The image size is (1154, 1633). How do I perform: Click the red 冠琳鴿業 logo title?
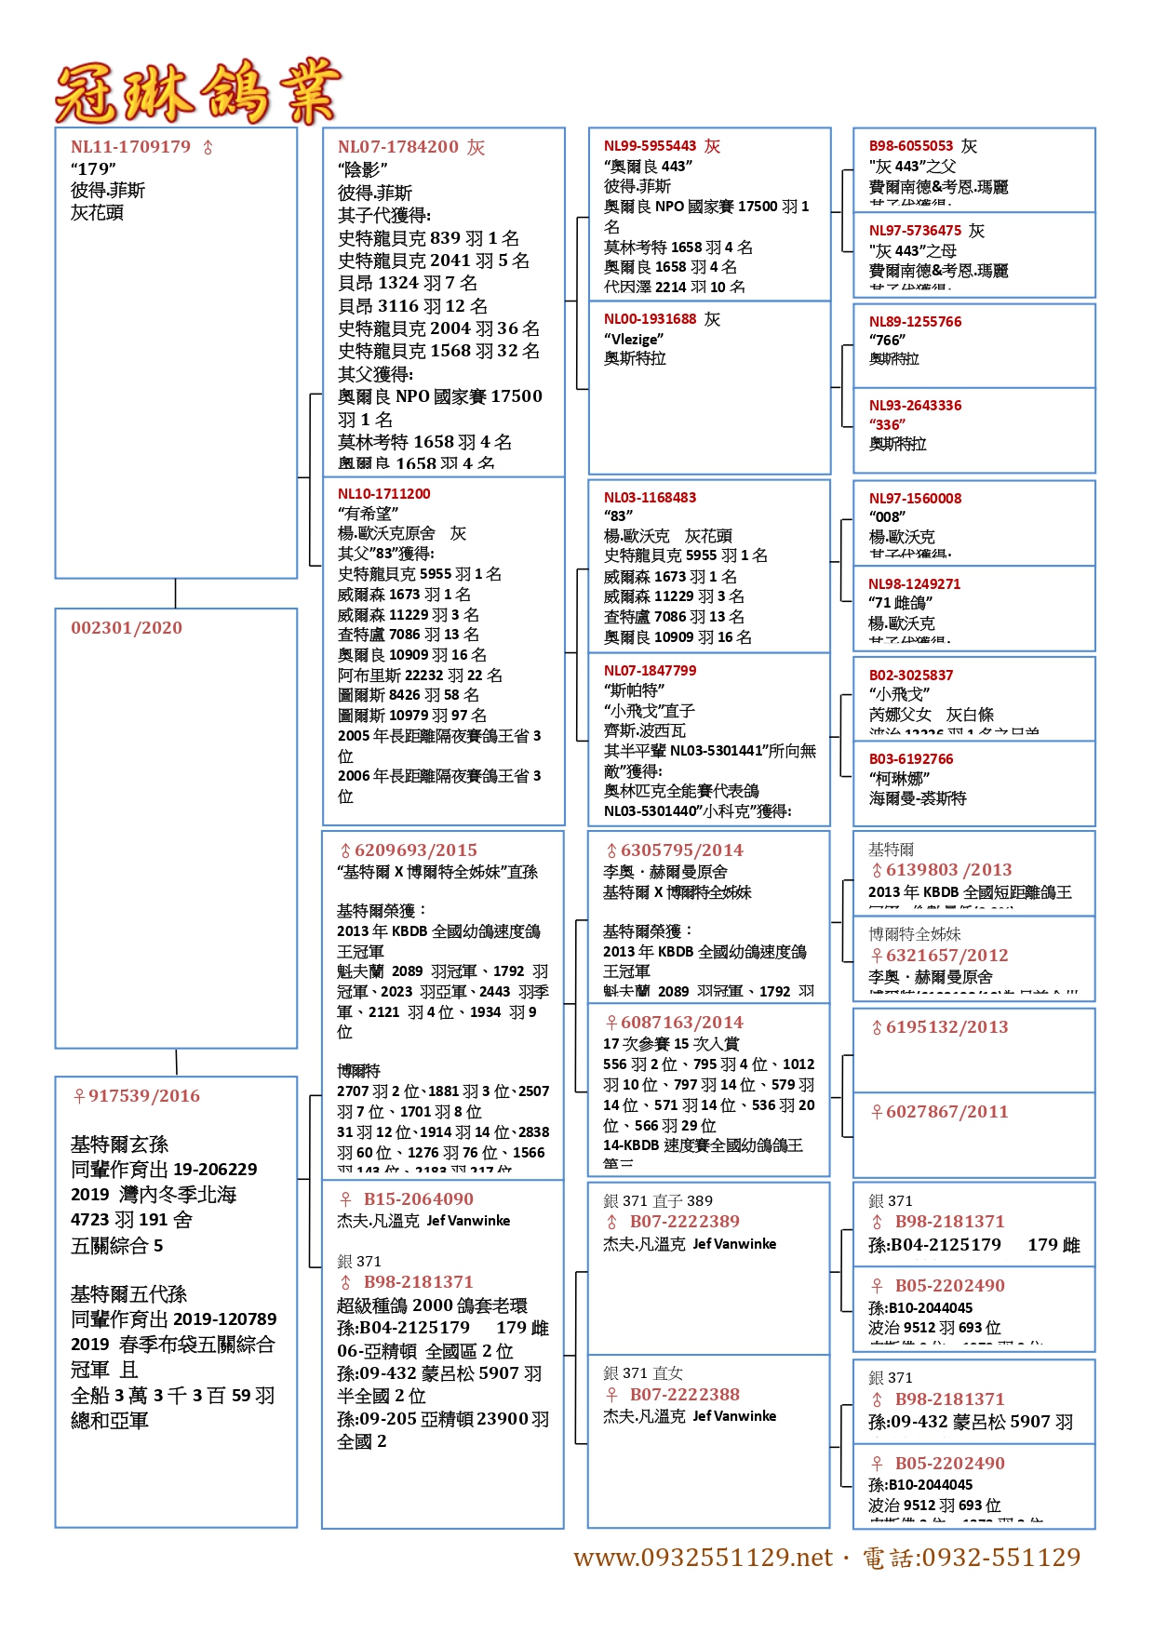click(197, 93)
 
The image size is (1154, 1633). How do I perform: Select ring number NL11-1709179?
click(130, 147)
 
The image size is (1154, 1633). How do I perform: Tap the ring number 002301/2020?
click(127, 628)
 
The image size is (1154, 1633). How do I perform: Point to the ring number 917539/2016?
click(143, 1096)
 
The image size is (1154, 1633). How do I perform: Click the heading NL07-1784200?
click(398, 147)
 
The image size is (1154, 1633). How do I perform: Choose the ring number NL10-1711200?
click(383, 494)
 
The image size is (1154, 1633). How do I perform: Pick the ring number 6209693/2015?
click(415, 850)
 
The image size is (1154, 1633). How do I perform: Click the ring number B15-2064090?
click(418, 1199)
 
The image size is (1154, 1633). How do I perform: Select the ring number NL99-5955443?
click(650, 146)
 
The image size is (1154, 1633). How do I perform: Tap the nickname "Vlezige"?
click(634, 339)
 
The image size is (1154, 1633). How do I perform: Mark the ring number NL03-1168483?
click(650, 498)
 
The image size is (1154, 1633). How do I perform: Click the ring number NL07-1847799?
click(650, 671)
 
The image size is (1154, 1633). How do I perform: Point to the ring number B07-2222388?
click(684, 1395)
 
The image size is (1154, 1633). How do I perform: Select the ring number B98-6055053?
click(911, 146)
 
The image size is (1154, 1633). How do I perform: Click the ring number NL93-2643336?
click(915, 406)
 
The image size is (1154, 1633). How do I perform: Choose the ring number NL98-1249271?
click(915, 584)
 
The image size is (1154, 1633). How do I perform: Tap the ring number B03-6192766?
click(911, 759)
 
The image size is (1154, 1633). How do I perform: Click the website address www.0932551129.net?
click(703, 1558)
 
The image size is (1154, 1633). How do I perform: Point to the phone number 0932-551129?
click(1000, 1558)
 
